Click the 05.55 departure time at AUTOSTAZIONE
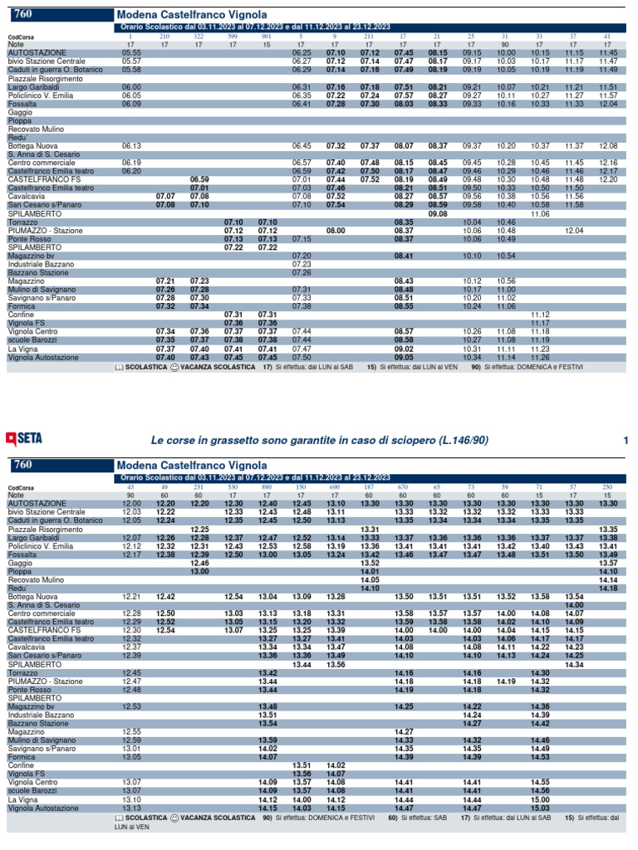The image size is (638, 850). coord(130,52)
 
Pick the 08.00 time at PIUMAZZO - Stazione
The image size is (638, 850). coord(336,230)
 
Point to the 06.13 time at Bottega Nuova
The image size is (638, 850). coord(130,145)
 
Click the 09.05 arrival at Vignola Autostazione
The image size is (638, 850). coord(404,357)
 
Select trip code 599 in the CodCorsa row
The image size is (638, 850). coord(233,37)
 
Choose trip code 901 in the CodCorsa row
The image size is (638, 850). coord(267,37)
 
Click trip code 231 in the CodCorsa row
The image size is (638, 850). coord(199,487)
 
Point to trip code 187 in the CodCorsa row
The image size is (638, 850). coord(370,487)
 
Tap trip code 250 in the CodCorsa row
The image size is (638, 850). coord(608,487)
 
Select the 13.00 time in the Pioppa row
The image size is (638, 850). coord(199,548)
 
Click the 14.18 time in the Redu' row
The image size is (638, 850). coord(608,564)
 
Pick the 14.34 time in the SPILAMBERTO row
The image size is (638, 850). coord(574,664)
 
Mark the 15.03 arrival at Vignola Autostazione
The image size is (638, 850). coord(540,807)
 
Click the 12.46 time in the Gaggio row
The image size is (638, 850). coord(199,540)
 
